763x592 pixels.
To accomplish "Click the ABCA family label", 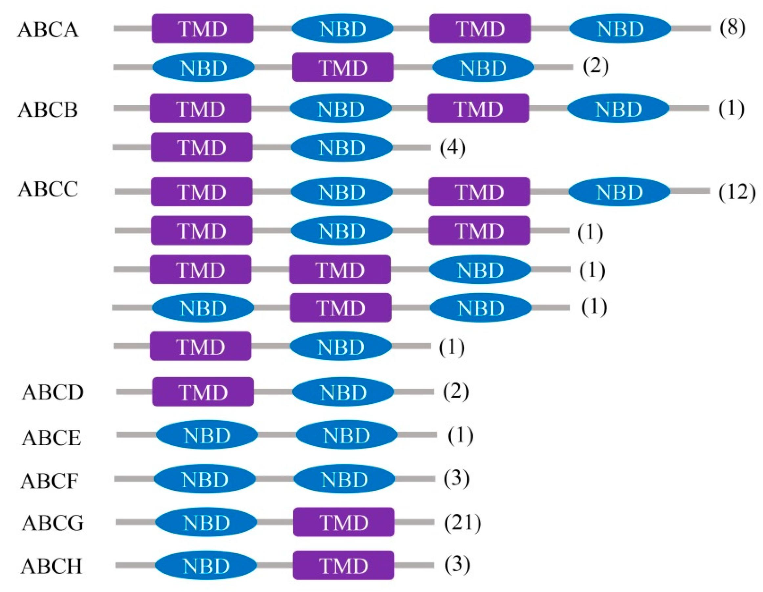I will point(48,30).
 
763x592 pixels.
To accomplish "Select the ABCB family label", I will point(48,109).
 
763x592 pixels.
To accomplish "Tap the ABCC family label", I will point(48,189).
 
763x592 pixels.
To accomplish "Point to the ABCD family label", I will point(53,392).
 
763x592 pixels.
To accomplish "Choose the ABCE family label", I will point(51,438).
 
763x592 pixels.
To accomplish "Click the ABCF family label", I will point(49,481).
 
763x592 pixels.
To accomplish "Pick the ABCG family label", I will point(53,523).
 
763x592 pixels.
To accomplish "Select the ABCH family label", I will point(51,566).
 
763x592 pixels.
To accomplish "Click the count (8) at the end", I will point(732,28).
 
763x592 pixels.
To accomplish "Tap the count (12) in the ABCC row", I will point(737,192).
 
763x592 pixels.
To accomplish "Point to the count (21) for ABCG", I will point(463,523).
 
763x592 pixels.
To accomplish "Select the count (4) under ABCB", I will point(452,148).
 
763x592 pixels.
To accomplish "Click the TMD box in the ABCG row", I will point(344,522).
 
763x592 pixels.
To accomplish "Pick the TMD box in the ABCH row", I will point(344,565).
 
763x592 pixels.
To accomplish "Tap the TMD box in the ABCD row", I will point(203,392).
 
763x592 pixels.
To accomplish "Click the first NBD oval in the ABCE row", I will point(207,435).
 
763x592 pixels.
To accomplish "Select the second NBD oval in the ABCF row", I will point(344,479).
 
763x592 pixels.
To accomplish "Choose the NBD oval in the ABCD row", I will point(343,392).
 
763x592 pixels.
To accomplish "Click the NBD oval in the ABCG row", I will point(206,522).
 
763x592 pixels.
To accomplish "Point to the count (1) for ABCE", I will point(460,435).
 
